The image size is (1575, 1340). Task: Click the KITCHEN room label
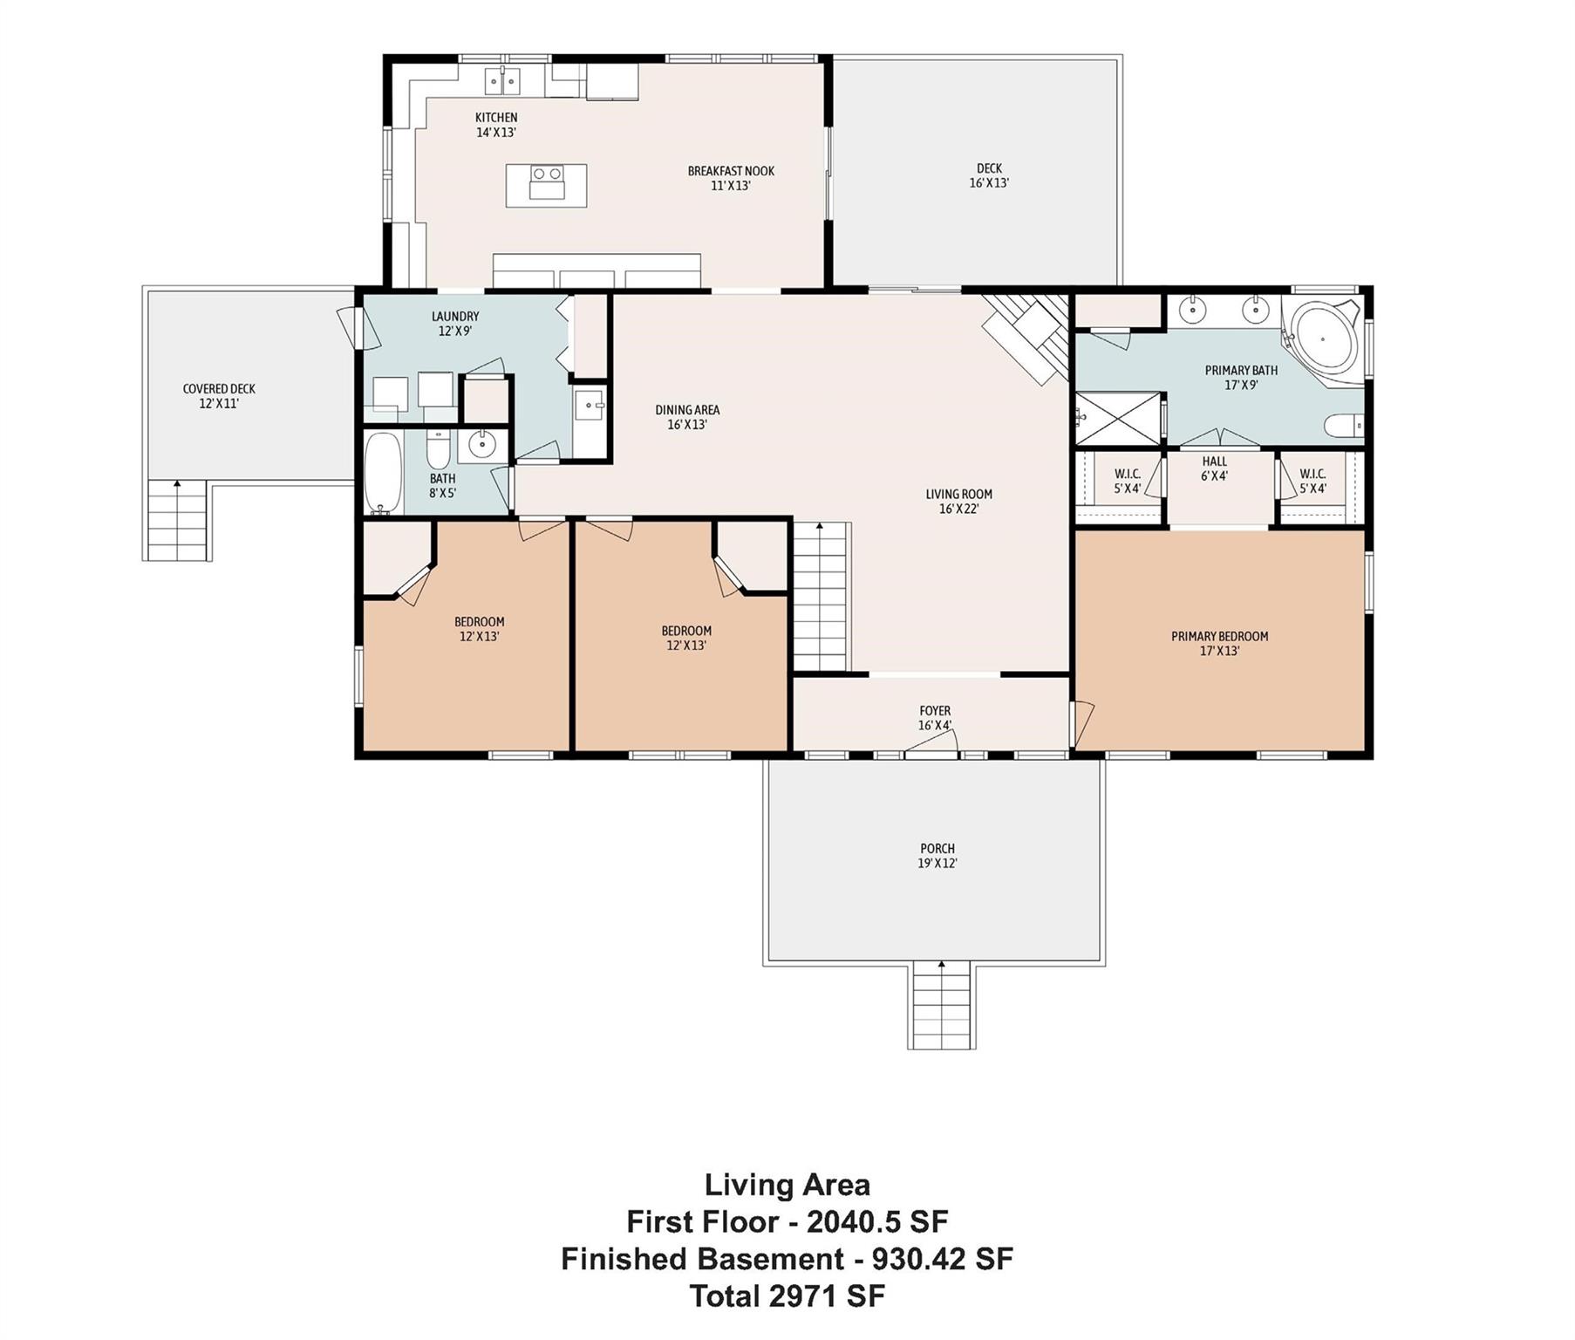496,118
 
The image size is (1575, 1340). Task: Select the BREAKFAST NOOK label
731,171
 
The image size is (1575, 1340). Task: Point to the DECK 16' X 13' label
989,175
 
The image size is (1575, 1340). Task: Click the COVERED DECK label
219,389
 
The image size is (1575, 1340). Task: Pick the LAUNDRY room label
455,317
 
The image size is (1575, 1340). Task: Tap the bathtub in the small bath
383,472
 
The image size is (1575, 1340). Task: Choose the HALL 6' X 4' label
1214,468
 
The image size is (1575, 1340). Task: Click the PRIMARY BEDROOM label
1219,637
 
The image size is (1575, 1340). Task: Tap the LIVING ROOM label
958,495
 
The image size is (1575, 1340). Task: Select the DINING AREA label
687,410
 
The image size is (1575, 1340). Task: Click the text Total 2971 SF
787,1296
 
